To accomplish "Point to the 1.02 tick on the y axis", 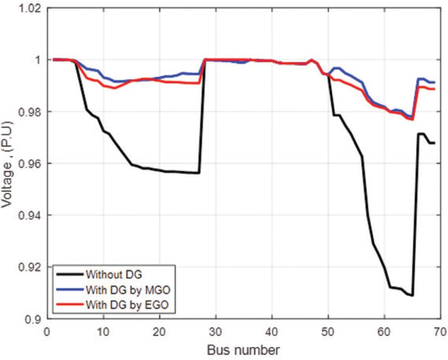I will point(28,8).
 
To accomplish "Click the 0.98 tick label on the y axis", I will point(28,112).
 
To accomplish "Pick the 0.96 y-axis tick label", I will point(28,163).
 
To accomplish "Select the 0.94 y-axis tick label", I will point(28,215).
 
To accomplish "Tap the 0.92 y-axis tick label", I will point(28,267).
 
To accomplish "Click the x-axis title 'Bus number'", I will point(244,348).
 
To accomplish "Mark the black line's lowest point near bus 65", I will point(412,296).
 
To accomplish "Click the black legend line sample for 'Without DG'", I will point(70,274).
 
